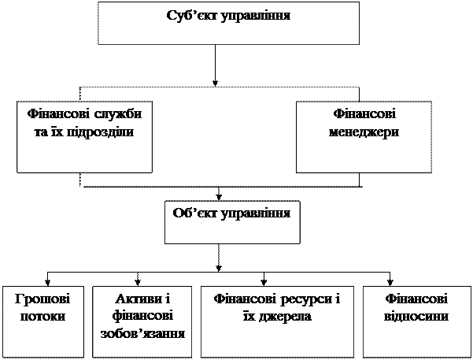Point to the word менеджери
364,131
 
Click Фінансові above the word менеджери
364,114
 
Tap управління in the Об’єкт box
257,213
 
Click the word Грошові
42,299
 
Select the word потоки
42,316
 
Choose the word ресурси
306,299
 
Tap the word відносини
417,316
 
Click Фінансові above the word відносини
417,299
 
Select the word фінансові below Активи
143,316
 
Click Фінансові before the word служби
59,114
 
